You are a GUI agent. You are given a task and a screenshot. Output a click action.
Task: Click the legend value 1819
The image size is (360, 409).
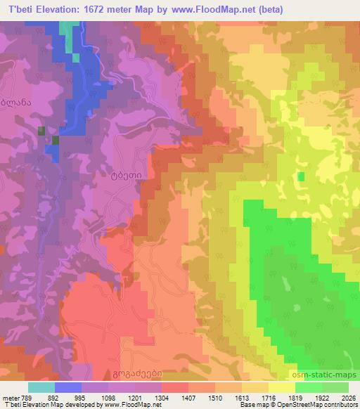pos(295,397)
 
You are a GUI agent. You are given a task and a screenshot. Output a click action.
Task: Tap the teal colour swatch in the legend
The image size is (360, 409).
pos(41,387)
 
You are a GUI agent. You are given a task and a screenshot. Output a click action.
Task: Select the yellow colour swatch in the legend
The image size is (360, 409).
pos(282,387)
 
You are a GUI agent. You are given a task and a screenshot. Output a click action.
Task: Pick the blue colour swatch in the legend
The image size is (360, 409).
pos(68,387)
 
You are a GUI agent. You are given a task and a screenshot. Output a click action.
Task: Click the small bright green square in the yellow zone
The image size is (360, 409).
pos(301,176)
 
